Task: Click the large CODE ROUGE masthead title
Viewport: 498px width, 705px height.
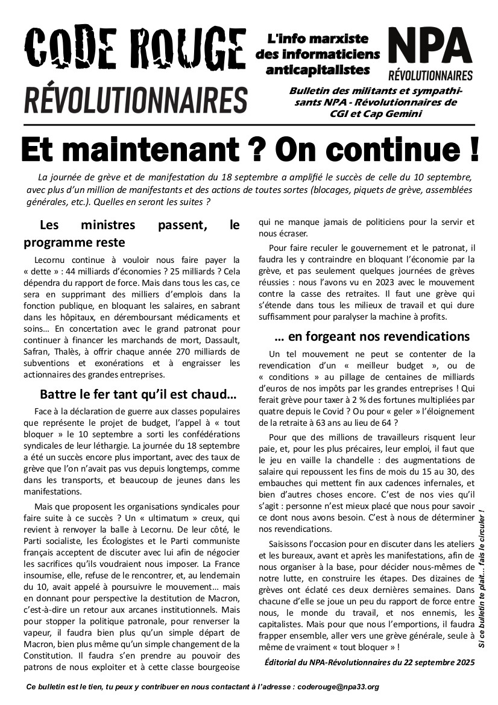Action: click(x=135, y=51)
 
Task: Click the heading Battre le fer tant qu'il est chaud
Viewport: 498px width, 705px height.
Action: click(x=138, y=395)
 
